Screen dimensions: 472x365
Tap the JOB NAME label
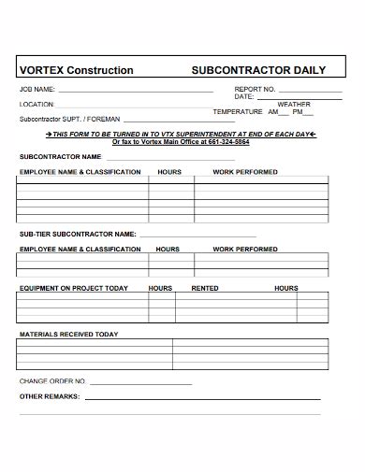tap(37, 89)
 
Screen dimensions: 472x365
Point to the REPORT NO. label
tap(255, 89)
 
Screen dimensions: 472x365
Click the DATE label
tap(244, 96)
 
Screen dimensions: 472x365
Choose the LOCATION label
tap(37, 105)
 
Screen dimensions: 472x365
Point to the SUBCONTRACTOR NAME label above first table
tap(60, 157)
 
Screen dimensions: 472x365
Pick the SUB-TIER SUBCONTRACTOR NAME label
tap(79, 234)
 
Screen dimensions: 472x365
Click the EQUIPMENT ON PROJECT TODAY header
tap(74, 289)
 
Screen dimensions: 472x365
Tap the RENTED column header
tap(205, 289)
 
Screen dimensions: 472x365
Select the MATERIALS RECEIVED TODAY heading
tap(69, 334)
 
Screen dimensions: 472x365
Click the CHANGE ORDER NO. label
tap(52, 381)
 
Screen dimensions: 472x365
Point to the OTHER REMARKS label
tap(50, 396)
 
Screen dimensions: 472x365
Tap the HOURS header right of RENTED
tap(285, 289)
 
